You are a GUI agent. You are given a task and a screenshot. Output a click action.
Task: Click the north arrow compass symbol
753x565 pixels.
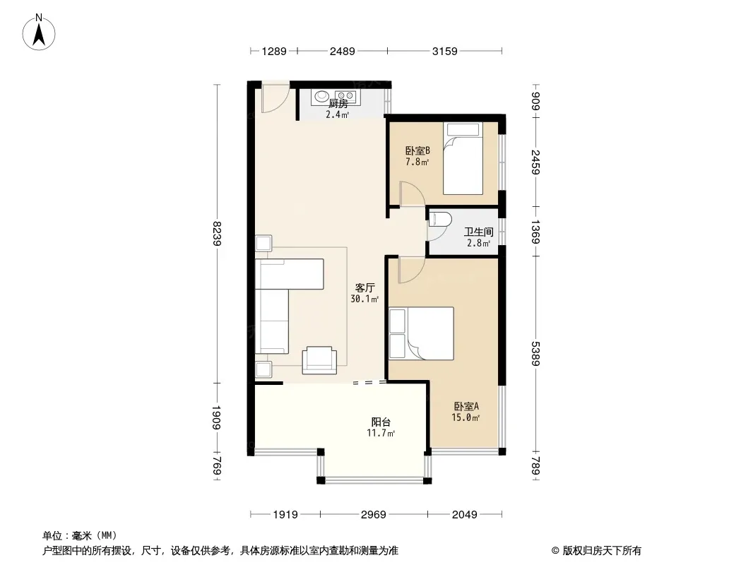pyautogui.click(x=39, y=32)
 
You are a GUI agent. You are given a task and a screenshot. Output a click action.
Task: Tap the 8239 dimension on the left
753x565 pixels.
pyautogui.click(x=217, y=233)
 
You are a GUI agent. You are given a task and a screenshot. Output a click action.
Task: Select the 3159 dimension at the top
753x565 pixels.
pyautogui.click(x=445, y=51)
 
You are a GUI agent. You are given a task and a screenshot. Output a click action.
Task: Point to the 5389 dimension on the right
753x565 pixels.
pyautogui.click(x=536, y=354)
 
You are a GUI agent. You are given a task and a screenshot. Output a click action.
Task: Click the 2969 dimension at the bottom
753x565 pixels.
pyautogui.click(x=374, y=515)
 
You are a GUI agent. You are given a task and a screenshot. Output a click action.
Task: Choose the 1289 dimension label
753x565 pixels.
pyautogui.click(x=274, y=51)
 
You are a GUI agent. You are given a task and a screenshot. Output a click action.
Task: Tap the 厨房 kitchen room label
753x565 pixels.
pyautogui.click(x=338, y=104)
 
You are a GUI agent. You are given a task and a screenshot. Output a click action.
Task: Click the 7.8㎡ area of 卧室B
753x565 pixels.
pyautogui.click(x=417, y=162)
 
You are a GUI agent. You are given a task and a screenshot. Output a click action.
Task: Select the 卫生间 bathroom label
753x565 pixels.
pyautogui.click(x=479, y=232)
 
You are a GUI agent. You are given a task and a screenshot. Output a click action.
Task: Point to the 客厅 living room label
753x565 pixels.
pyautogui.click(x=365, y=287)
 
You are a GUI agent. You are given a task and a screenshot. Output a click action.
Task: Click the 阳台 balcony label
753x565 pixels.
pyautogui.click(x=381, y=422)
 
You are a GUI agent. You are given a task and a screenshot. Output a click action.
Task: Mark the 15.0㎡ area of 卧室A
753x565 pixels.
pyautogui.click(x=466, y=417)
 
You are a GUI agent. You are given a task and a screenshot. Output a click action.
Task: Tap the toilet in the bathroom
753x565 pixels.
pyautogui.click(x=441, y=220)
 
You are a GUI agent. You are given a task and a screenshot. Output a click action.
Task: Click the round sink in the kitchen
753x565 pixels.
pyautogui.click(x=321, y=97)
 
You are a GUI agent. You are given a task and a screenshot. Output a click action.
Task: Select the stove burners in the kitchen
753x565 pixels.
pyautogui.click(x=345, y=96)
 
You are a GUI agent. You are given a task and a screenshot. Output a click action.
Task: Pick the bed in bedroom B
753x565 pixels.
pyautogui.click(x=463, y=158)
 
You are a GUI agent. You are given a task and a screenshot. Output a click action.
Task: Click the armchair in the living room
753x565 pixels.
pyautogui.click(x=319, y=360)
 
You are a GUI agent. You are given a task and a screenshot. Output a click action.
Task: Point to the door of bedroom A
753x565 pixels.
pyautogui.click(x=411, y=270)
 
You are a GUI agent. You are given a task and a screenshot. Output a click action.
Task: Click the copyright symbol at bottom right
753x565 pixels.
pyautogui.click(x=555, y=551)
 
